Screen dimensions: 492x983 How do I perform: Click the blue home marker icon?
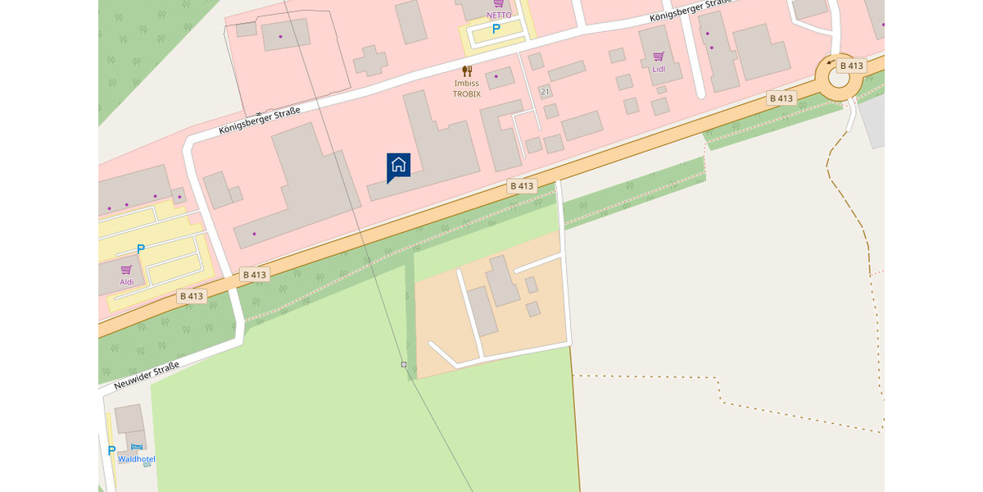398,165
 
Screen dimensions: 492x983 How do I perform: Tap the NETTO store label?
498,15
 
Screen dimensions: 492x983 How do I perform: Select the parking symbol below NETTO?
496,29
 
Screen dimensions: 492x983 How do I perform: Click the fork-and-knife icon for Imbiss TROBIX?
467,71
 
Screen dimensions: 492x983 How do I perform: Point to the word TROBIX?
467,94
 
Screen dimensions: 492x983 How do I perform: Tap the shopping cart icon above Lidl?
659,57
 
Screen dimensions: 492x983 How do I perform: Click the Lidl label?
659,70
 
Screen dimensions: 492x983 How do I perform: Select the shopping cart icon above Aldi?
126,269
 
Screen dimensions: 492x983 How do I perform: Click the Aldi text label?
126,282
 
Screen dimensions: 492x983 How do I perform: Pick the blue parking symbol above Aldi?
140,248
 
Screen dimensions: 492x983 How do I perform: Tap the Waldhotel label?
136,459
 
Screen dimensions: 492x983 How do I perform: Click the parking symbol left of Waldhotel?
111,450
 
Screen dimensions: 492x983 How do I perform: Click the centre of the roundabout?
839,77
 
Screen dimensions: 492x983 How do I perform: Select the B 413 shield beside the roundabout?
852,66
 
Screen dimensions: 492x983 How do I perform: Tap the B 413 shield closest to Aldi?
191,296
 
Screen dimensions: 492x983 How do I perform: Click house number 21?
545,91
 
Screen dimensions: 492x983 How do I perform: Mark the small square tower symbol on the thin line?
404,363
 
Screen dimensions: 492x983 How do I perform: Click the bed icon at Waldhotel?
136,447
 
